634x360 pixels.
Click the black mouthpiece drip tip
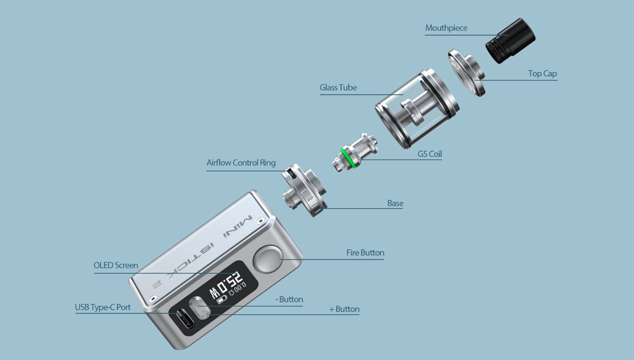(x=510, y=41)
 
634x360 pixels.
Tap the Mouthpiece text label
(x=446, y=28)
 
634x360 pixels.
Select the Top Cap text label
(x=542, y=74)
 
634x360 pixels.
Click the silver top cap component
(x=466, y=72)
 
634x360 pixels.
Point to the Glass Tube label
(x=338, y=88)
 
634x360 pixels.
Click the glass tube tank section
(x=417, y=109)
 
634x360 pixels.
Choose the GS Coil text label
(x=429, y=154)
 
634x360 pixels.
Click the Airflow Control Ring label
(x=241, y=163)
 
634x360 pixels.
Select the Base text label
(x=395, y=203)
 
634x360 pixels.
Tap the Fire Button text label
(x=365, y=253)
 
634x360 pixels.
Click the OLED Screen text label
(x=116, y=266)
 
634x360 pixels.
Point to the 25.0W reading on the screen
(x=227, y=285)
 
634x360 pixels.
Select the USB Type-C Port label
(x=103, y=308)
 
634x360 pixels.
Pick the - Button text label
(x=289, y=300)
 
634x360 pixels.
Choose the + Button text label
(x=344, y=309)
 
